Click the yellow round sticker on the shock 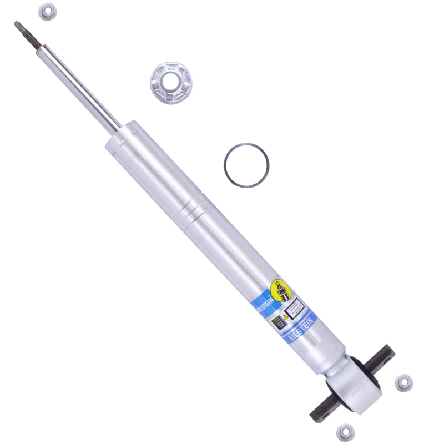(280, 289)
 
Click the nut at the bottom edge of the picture (345, 432)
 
